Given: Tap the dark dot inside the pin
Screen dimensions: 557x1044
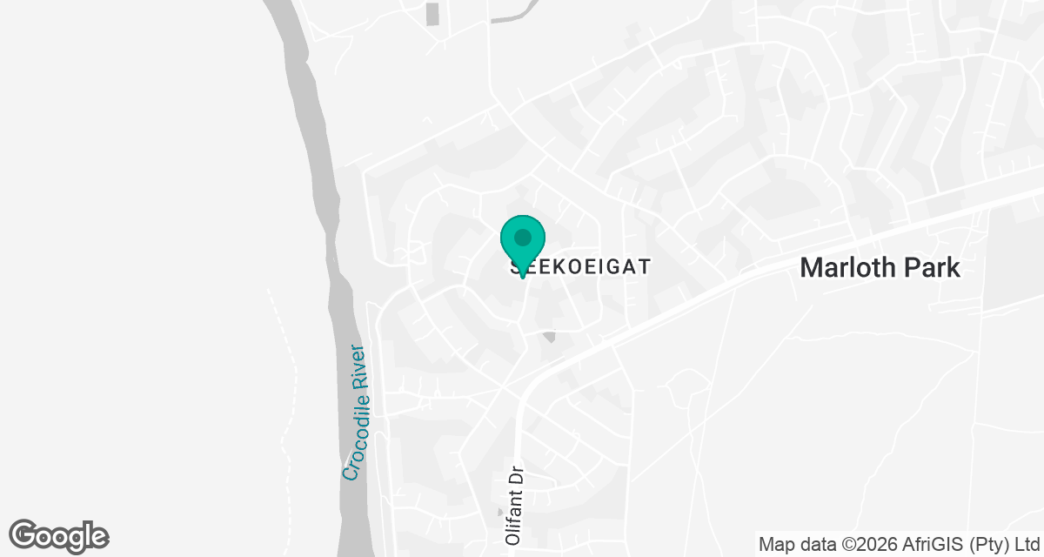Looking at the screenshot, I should [x=522, y=237].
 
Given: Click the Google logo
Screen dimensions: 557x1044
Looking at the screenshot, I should [x=59, y=535].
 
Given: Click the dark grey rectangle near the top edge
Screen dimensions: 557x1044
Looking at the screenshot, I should [x=432, y=14].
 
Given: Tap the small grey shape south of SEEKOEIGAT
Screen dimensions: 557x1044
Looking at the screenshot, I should [x=548, y=336].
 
